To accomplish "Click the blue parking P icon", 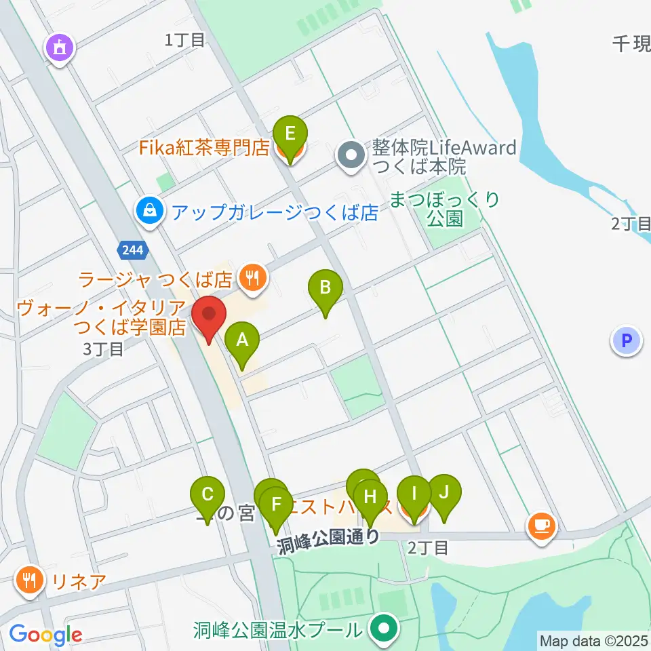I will pos(627,340).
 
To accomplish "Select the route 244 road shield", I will pos(132,250).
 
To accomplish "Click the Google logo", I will pos(45,635).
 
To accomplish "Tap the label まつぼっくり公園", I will pos(445,209).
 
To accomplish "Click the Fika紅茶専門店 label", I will pos(205,148).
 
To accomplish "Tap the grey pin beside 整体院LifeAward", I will pos(351,156).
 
